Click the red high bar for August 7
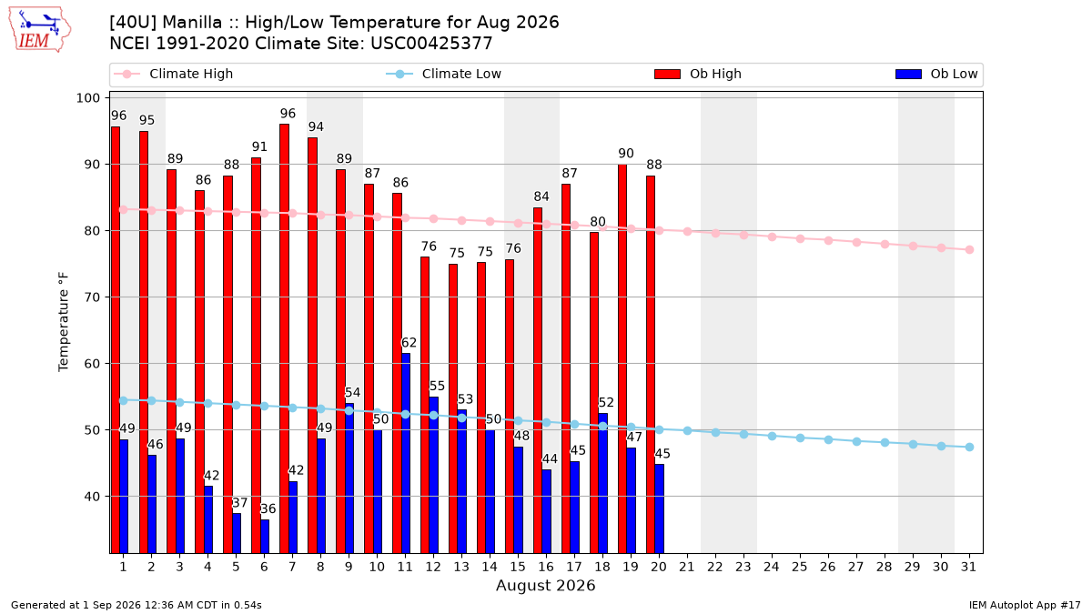pyautogui.click(x=284, y=338)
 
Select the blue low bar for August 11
pyautogui.click(x=406, y=453)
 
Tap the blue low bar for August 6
pyautogui.click(x=265, y=536)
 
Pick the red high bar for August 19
pyautogui.click(x=622, y=358)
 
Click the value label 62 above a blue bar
pyautogui.click(x=409, y=343)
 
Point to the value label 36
pyautogui.click(x=268, y=508)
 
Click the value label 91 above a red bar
pyautogui.click(x=259, y=146)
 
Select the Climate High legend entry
pyautogui.click(x=173, y=74)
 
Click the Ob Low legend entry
pyautogui.click(x=936, y=74)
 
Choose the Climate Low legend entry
pyautogui.click(x=444, y=74)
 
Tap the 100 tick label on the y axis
pyautogui.click(x=87, y=98)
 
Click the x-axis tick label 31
pyautogui.click(x=968, y=567)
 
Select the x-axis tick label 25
pyautogui.click(x=800, y=567)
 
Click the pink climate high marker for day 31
pyautogui.click(x=970, y=249)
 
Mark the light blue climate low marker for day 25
pyautogui.click(x=800, y=438)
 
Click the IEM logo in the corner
pyautogui.click(x=39, y=30)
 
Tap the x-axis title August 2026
pyautogui.click(x=545, y=585)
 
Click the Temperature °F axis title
pyautogui.click(x=64, y=322)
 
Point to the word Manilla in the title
pyautogui.click(x=192, y=23)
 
